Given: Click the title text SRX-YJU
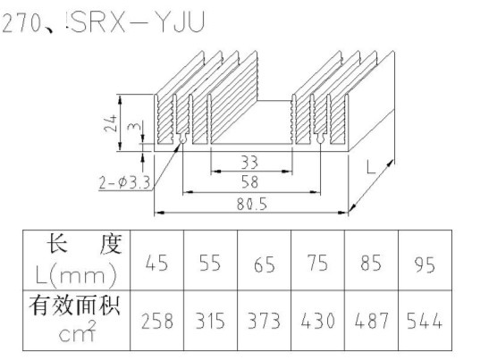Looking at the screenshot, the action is (x=138, y=22).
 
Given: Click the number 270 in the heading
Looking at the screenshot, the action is (x=21, y=23).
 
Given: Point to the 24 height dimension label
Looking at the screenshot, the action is (x=111, y=123).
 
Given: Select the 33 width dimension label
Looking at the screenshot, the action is (x=249, y=163).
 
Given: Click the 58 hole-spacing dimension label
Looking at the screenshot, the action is (x=249, y=182).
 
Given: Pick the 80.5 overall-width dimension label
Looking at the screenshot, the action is (x=252, y=204).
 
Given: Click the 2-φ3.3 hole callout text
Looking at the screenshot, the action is (x=125, y=183).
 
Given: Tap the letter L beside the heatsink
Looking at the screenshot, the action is (x=371, y=167).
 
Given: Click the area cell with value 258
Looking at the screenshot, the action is (x=156, y=321).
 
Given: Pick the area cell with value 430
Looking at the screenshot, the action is (x=317, y=321).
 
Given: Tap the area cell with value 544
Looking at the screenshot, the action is (x=425, y=321).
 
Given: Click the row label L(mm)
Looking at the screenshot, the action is (x=76, y=275).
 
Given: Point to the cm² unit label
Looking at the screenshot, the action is (x=78, y=331).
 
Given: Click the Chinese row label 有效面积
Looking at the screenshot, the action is (x=75, y=306).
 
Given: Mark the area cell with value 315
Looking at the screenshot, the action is (x=210, y=321).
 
